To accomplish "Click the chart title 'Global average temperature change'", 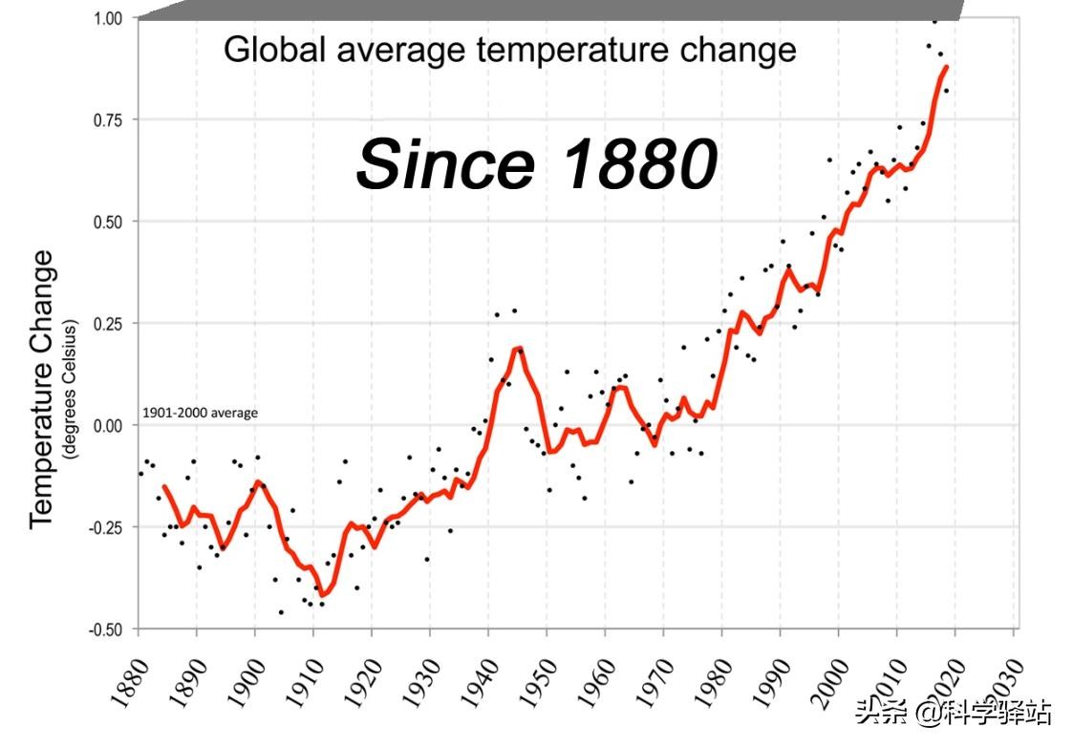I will tap(509, 50).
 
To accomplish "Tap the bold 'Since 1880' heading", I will tap(536, 162).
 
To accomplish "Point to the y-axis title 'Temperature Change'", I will tap(41, 388).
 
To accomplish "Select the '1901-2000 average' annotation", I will tap(200, 414).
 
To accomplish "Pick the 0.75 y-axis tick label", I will tap(109, 119).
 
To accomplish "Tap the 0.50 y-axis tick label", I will tap(109, 222).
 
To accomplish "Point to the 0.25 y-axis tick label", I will tap(109, 324).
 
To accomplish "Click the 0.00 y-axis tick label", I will tap(109, 426).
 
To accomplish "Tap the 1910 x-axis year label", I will tap(303, 681).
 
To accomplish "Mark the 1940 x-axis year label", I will tap(478, 681).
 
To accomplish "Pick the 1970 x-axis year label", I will tap(653, 681).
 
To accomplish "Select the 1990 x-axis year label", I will tap(769, 681).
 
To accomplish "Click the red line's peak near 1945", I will tap(519, 348).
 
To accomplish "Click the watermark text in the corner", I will tap(953, 712).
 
